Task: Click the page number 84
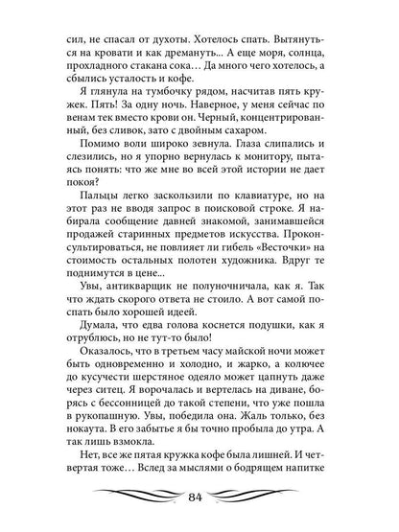(199, 497)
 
